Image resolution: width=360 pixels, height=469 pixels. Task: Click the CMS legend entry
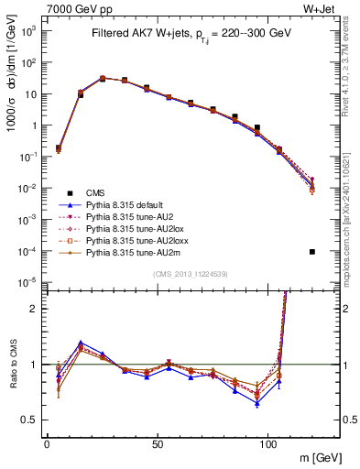[96, 192]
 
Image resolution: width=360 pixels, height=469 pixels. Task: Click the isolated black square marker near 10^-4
[312, 252]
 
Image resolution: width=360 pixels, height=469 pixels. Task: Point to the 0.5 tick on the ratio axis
[32, 420]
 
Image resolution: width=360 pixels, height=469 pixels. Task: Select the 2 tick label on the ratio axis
[36, 309]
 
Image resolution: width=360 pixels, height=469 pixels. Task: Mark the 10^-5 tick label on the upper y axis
[30, 281]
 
